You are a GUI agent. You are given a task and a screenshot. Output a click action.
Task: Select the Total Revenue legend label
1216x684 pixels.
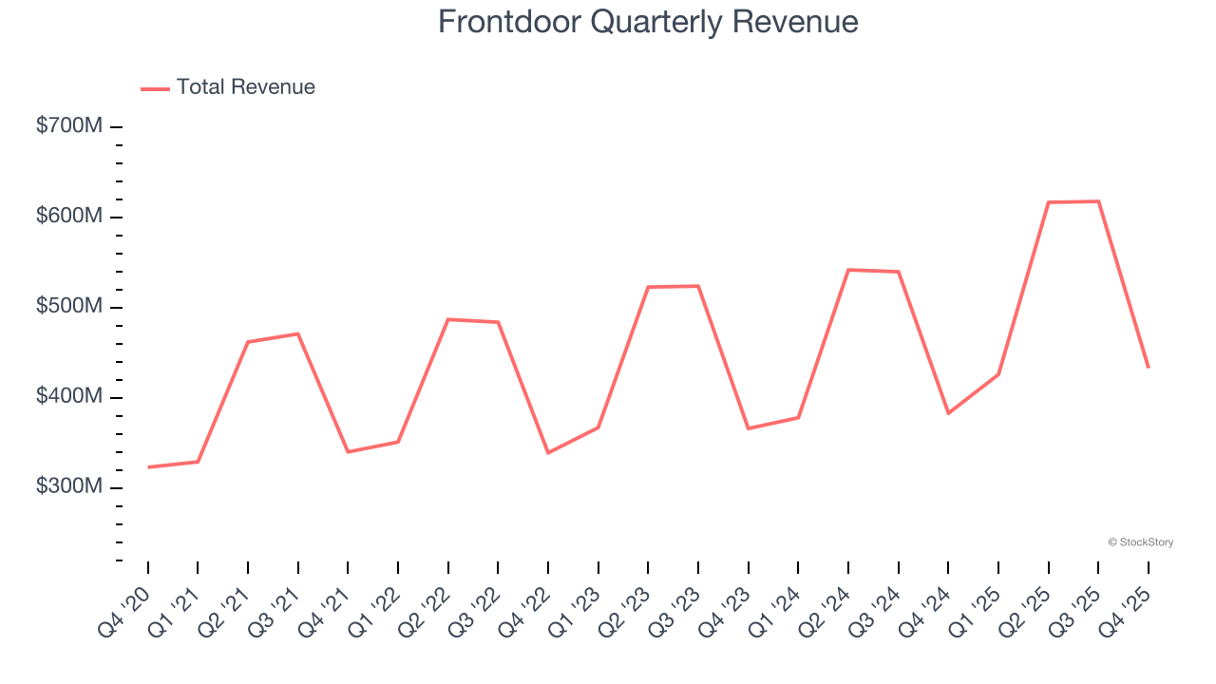tap(245, 87)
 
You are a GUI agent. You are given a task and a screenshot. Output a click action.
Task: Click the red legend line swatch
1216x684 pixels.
tap(155, 88)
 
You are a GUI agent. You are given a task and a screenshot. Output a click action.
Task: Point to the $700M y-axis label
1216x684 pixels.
tap(68, 126)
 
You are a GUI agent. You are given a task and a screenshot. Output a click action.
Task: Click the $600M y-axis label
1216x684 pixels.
tap(68, 217)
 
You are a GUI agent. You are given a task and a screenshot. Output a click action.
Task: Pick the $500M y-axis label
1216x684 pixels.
tap(68, 307)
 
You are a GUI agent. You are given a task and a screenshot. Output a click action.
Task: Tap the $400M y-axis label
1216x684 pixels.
tap(68, 397)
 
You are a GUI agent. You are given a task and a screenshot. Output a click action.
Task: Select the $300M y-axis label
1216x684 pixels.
tap(68, 487)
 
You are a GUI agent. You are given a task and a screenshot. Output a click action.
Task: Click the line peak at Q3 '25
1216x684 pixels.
tap(1098, 201)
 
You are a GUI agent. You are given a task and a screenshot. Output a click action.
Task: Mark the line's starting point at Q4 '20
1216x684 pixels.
tap(148, 467)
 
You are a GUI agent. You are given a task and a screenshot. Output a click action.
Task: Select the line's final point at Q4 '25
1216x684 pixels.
tap(1149, 367)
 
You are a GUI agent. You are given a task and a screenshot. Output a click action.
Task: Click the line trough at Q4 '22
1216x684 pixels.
tap(548, 452)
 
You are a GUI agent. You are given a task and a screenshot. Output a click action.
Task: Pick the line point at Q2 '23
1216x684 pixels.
tap(648, 287)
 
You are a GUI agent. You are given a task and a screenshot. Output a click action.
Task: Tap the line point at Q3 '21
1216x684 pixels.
tap(298, 333)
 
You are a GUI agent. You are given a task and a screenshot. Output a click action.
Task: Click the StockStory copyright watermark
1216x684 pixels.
tap(1140, 542)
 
